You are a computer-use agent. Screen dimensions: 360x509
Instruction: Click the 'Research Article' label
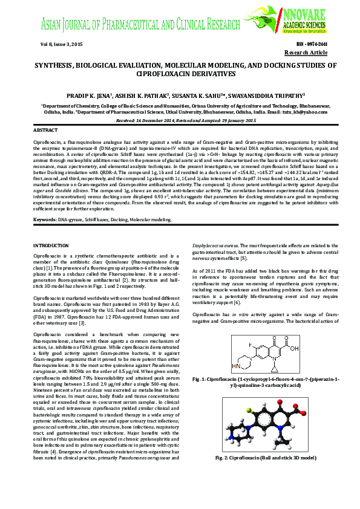309,53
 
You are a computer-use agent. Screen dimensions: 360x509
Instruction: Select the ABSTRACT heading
45,130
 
